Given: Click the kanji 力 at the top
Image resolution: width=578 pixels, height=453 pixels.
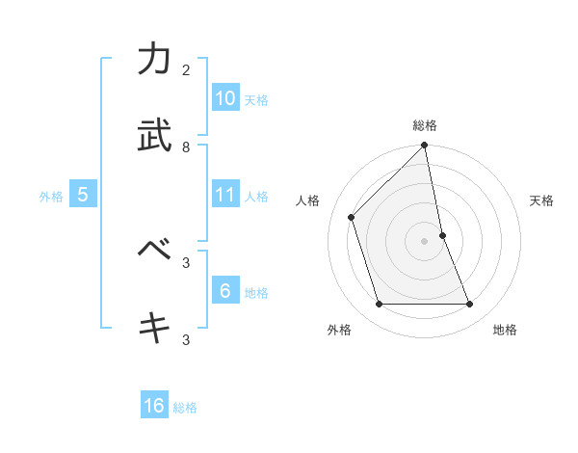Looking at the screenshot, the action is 154,60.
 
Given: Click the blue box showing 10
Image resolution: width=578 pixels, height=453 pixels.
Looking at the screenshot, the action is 224,98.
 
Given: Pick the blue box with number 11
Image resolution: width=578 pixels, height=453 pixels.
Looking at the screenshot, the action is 224,195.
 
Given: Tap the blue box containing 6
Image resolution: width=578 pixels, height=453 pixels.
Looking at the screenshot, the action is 224,290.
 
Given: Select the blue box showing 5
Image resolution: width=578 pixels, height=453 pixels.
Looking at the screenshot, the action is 83,195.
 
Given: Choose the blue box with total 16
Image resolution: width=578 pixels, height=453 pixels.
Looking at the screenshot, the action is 154,406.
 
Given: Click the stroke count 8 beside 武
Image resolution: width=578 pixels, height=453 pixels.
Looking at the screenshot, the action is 186,147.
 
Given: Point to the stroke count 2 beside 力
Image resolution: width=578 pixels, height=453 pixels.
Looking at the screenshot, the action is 186,70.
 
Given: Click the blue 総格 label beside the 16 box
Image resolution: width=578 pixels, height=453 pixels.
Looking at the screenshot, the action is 185,408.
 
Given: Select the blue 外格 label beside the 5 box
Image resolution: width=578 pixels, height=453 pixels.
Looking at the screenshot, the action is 51,197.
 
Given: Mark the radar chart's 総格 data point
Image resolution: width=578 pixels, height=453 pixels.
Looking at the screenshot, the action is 425,147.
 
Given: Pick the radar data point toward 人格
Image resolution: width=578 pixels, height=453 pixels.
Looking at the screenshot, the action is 352,217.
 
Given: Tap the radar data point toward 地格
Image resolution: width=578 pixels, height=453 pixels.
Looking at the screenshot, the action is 470,305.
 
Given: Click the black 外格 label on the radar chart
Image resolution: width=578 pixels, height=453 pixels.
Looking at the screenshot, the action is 339,330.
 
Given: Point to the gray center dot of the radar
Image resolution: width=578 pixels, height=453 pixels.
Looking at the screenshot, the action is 425,241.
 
